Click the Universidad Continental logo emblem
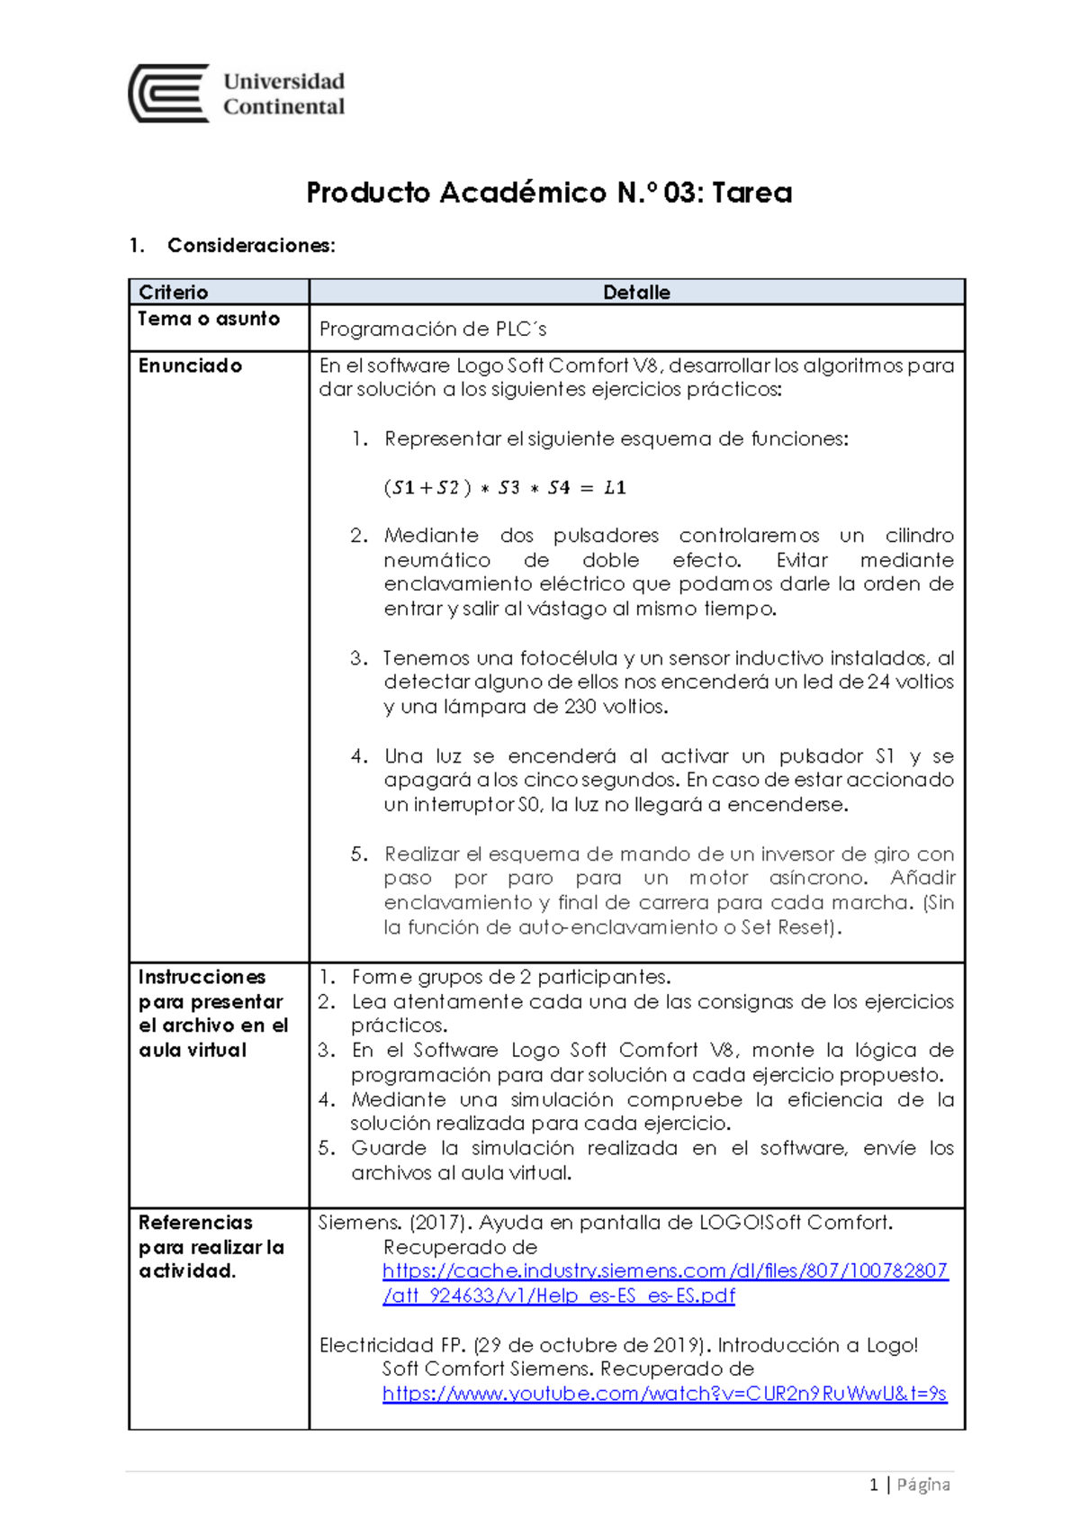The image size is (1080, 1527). pos(169,94)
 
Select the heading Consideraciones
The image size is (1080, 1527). pos(251,246)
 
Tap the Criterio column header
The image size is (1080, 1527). pos(173,292)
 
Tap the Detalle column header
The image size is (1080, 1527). pos(636,292)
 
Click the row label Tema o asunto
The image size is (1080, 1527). pos(209,319)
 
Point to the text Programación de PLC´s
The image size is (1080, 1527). pos(433,330)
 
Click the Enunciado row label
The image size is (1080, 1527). pos(190,366)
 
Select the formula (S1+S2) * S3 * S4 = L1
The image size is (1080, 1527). pos(504,488)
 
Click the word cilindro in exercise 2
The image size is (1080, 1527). pos(919,536)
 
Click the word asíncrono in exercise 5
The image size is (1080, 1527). pos(818,878)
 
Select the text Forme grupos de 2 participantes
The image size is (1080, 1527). pos(510,977)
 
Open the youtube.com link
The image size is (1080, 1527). pos(664,1394)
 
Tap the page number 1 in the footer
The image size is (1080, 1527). pos(873,1485)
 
